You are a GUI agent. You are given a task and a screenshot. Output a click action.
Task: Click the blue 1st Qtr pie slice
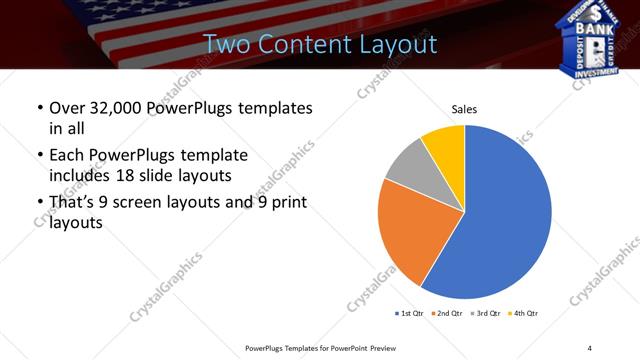(510, 220)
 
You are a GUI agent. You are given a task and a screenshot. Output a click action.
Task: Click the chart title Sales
(464, 108)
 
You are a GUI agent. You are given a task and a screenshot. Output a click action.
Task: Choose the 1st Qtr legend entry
(410, 314)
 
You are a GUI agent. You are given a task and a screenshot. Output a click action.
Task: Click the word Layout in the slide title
(398, 44)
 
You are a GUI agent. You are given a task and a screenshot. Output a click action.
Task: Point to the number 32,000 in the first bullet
(119, 107)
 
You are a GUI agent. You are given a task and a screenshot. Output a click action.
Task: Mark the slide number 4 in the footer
(590, 347)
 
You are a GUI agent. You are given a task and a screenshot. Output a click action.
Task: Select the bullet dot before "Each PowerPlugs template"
(39, 156)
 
